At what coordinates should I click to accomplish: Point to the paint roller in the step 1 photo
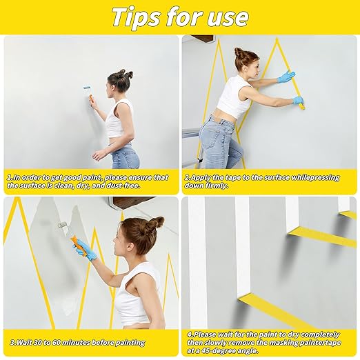(x=88, y=91)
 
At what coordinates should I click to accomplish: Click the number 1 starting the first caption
(x=9, y=177)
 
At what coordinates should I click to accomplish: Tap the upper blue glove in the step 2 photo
(x=286, y=77)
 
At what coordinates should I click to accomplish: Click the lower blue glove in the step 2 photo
(x=297, y=101)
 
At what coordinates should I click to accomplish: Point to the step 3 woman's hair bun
(x=157, y=222)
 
